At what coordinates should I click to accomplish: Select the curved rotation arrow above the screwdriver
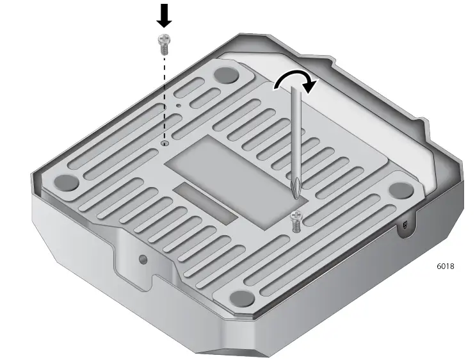pos(294,79)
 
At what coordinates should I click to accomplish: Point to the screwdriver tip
pos(295,192)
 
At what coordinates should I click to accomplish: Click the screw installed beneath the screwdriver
pos(296,221)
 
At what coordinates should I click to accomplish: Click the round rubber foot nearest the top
pos(225,74)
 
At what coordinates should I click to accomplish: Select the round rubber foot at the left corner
pos(64,182)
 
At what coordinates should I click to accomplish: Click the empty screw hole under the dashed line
pos(165,144)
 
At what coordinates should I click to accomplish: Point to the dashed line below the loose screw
pos(164,96)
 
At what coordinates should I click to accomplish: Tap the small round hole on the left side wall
pos(143,259)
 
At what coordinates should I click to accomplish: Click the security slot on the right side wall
pos(406,225)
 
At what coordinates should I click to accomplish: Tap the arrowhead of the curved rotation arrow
pos(310,85)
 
